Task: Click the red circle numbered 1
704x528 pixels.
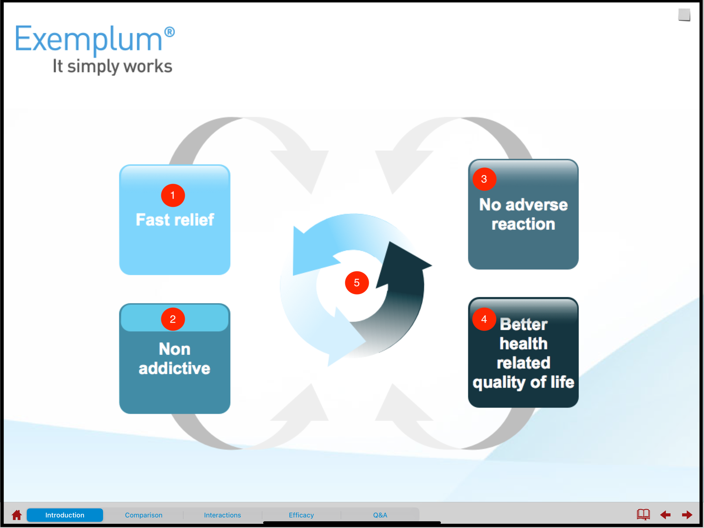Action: [173, 195]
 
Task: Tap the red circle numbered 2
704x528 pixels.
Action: [173, 319]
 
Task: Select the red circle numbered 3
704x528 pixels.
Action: [484, 179]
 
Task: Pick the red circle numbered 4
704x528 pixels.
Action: [484, 319]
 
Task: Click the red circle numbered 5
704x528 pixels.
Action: [357, 283]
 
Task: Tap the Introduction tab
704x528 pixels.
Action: [65, 515]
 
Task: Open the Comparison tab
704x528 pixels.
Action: [144, 515]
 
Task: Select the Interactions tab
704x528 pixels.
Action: [222, 515]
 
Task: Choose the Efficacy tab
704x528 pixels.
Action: [301, 515]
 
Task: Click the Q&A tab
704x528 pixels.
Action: [380, 515]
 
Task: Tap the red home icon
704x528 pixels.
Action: [17, 515]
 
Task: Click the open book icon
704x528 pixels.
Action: [643, 514]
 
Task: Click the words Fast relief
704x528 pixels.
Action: [175, 220]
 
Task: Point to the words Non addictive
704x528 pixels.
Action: [175, 359]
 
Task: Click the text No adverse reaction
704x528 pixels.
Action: [523, 214]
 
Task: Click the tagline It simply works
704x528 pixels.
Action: [112, 66]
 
